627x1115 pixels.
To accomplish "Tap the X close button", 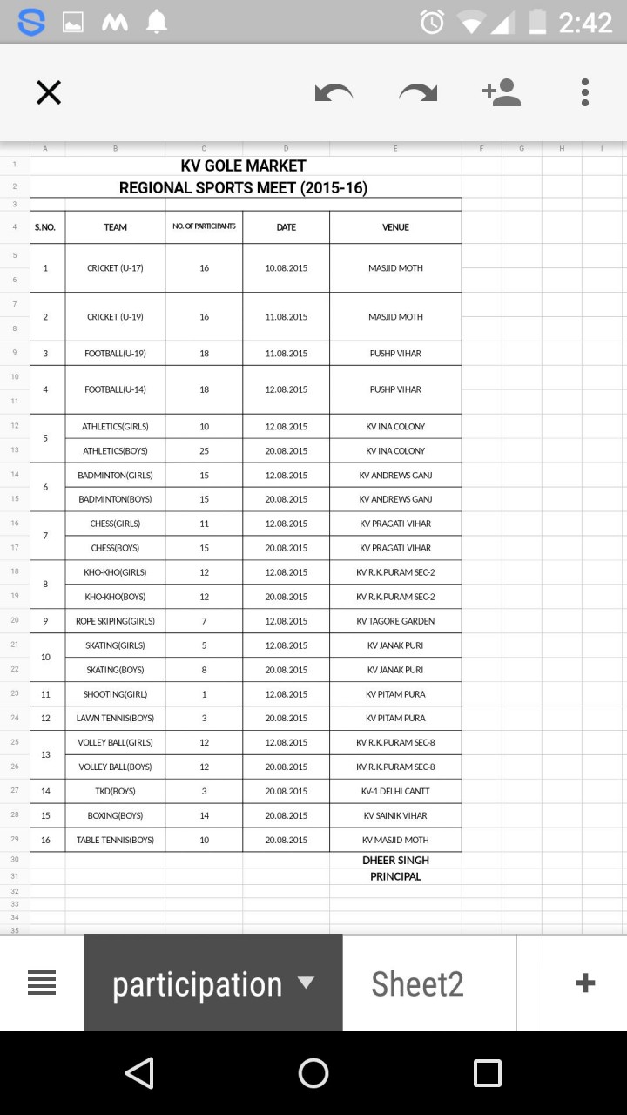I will (49, 92).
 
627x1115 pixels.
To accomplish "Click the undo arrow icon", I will (334, 92).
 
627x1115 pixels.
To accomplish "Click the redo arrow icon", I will (418, 92).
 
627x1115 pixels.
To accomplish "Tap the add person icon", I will (502, 92).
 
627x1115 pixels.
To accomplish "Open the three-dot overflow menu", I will (585, 92).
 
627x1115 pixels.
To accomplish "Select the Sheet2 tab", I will (417, 983).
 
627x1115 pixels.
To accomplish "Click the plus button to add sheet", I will (585, 983).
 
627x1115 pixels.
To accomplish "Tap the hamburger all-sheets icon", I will (42, 983).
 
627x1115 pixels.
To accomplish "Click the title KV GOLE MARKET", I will (244, 166).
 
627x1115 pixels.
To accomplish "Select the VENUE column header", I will (395, 227).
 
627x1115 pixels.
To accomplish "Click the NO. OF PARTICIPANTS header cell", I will (204, 227).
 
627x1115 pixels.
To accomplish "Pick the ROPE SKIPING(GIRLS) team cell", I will (115, 621).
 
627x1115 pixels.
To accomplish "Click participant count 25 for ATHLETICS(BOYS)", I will (204, 451).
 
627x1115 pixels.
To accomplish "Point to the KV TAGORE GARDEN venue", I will (395, 621).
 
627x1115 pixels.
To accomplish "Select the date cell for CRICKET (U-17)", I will (286, 268).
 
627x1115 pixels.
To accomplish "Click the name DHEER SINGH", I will (395, 861).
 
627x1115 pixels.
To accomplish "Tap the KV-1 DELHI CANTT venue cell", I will (395, 792).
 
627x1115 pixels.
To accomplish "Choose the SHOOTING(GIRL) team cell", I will (115, 694).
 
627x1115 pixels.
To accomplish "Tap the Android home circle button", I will (313, 1073).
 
